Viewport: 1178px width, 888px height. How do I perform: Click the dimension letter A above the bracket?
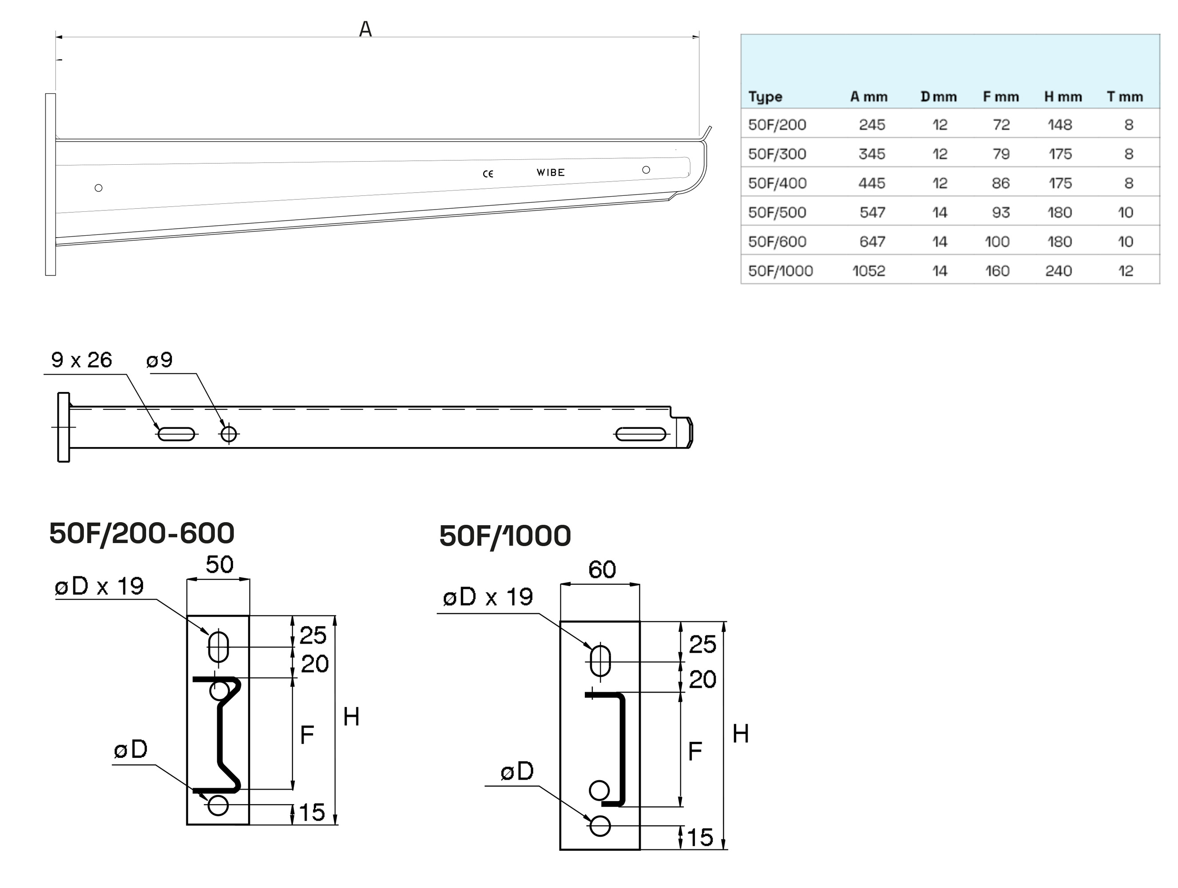click(365, 29)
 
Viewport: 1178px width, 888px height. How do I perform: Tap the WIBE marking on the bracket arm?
click(550, 172)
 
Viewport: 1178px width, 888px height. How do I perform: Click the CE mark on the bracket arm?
click(488, 174)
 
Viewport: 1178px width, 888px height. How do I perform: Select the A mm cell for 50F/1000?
click(869, 271)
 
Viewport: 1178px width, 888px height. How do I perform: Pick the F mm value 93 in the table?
click(1001, 212)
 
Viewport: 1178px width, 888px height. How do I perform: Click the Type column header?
click(765, 97)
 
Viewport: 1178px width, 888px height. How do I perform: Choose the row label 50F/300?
click(777, 154)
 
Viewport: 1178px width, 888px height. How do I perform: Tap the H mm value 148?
click(1059, 125)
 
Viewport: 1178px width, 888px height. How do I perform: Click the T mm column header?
click(1125, 97)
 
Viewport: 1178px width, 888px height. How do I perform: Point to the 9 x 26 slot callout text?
click(82, 361)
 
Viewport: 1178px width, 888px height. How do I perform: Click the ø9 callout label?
click(159, 361)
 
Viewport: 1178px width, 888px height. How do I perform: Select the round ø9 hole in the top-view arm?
click(229, 434)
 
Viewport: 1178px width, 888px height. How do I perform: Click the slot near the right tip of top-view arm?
click(641, 434)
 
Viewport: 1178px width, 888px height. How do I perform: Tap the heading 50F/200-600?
click(142, 533)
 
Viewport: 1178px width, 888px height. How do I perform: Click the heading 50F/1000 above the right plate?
click(505, 535)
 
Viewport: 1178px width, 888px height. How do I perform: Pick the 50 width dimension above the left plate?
click(219, 564)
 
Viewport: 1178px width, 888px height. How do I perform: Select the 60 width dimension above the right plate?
click(602, 570)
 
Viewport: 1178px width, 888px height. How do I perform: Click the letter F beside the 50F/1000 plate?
click(694, 751)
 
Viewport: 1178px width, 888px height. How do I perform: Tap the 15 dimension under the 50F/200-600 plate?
click(312, 813)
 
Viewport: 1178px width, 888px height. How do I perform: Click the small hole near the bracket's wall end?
click(99, 188)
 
